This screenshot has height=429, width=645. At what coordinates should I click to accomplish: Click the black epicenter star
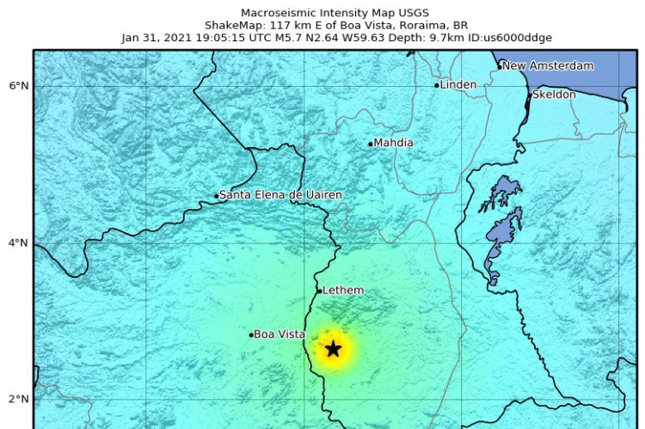pyautogui.click(x=334, y=349)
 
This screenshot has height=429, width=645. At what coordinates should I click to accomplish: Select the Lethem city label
pyautogui.click(x=343, y=291)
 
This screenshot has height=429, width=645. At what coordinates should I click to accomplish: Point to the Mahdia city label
pyautogui.click(x=394, y=143)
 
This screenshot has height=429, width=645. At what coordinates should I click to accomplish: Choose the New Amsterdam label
pyautogui.click(x=548, y=65)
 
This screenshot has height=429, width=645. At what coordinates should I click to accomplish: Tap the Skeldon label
pyautogui.click(x=555, y=95)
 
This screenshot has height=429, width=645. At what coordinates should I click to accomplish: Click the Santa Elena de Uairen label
pyautogui.click(x=280, y=195)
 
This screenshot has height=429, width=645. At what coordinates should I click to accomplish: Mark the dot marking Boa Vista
pyautogui.click(x=251, y=335)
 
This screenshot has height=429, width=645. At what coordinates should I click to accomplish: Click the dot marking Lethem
pyautogui.click(x=319, y=291)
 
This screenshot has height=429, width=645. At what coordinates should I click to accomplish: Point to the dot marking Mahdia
pyautogui.click(x=371, y=144)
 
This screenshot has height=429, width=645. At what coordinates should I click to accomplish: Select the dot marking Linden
pyautogui.click(x=437, y=85)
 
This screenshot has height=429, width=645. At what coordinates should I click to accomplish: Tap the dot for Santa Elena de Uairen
pyautogui.click(x=217, y=196)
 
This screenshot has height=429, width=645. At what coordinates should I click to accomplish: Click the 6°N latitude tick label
pyautogui.click(x=19, y=86)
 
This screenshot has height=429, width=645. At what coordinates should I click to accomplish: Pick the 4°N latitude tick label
pyautogui.click(x=19, y=242)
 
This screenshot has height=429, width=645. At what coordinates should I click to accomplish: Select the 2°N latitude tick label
pyautogui.click(x=19, y=399)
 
